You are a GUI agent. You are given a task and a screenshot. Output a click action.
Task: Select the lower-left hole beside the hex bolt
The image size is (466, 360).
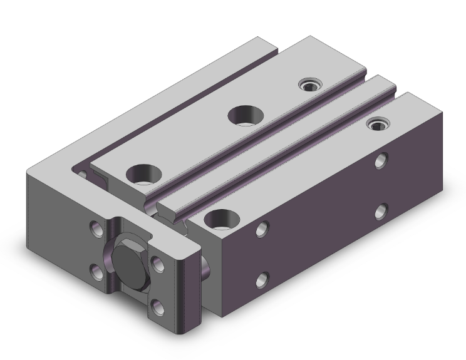98,270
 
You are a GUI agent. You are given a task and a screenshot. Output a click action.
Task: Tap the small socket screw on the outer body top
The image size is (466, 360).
376,124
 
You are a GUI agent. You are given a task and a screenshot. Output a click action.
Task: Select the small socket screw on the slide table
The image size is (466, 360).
308,85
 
